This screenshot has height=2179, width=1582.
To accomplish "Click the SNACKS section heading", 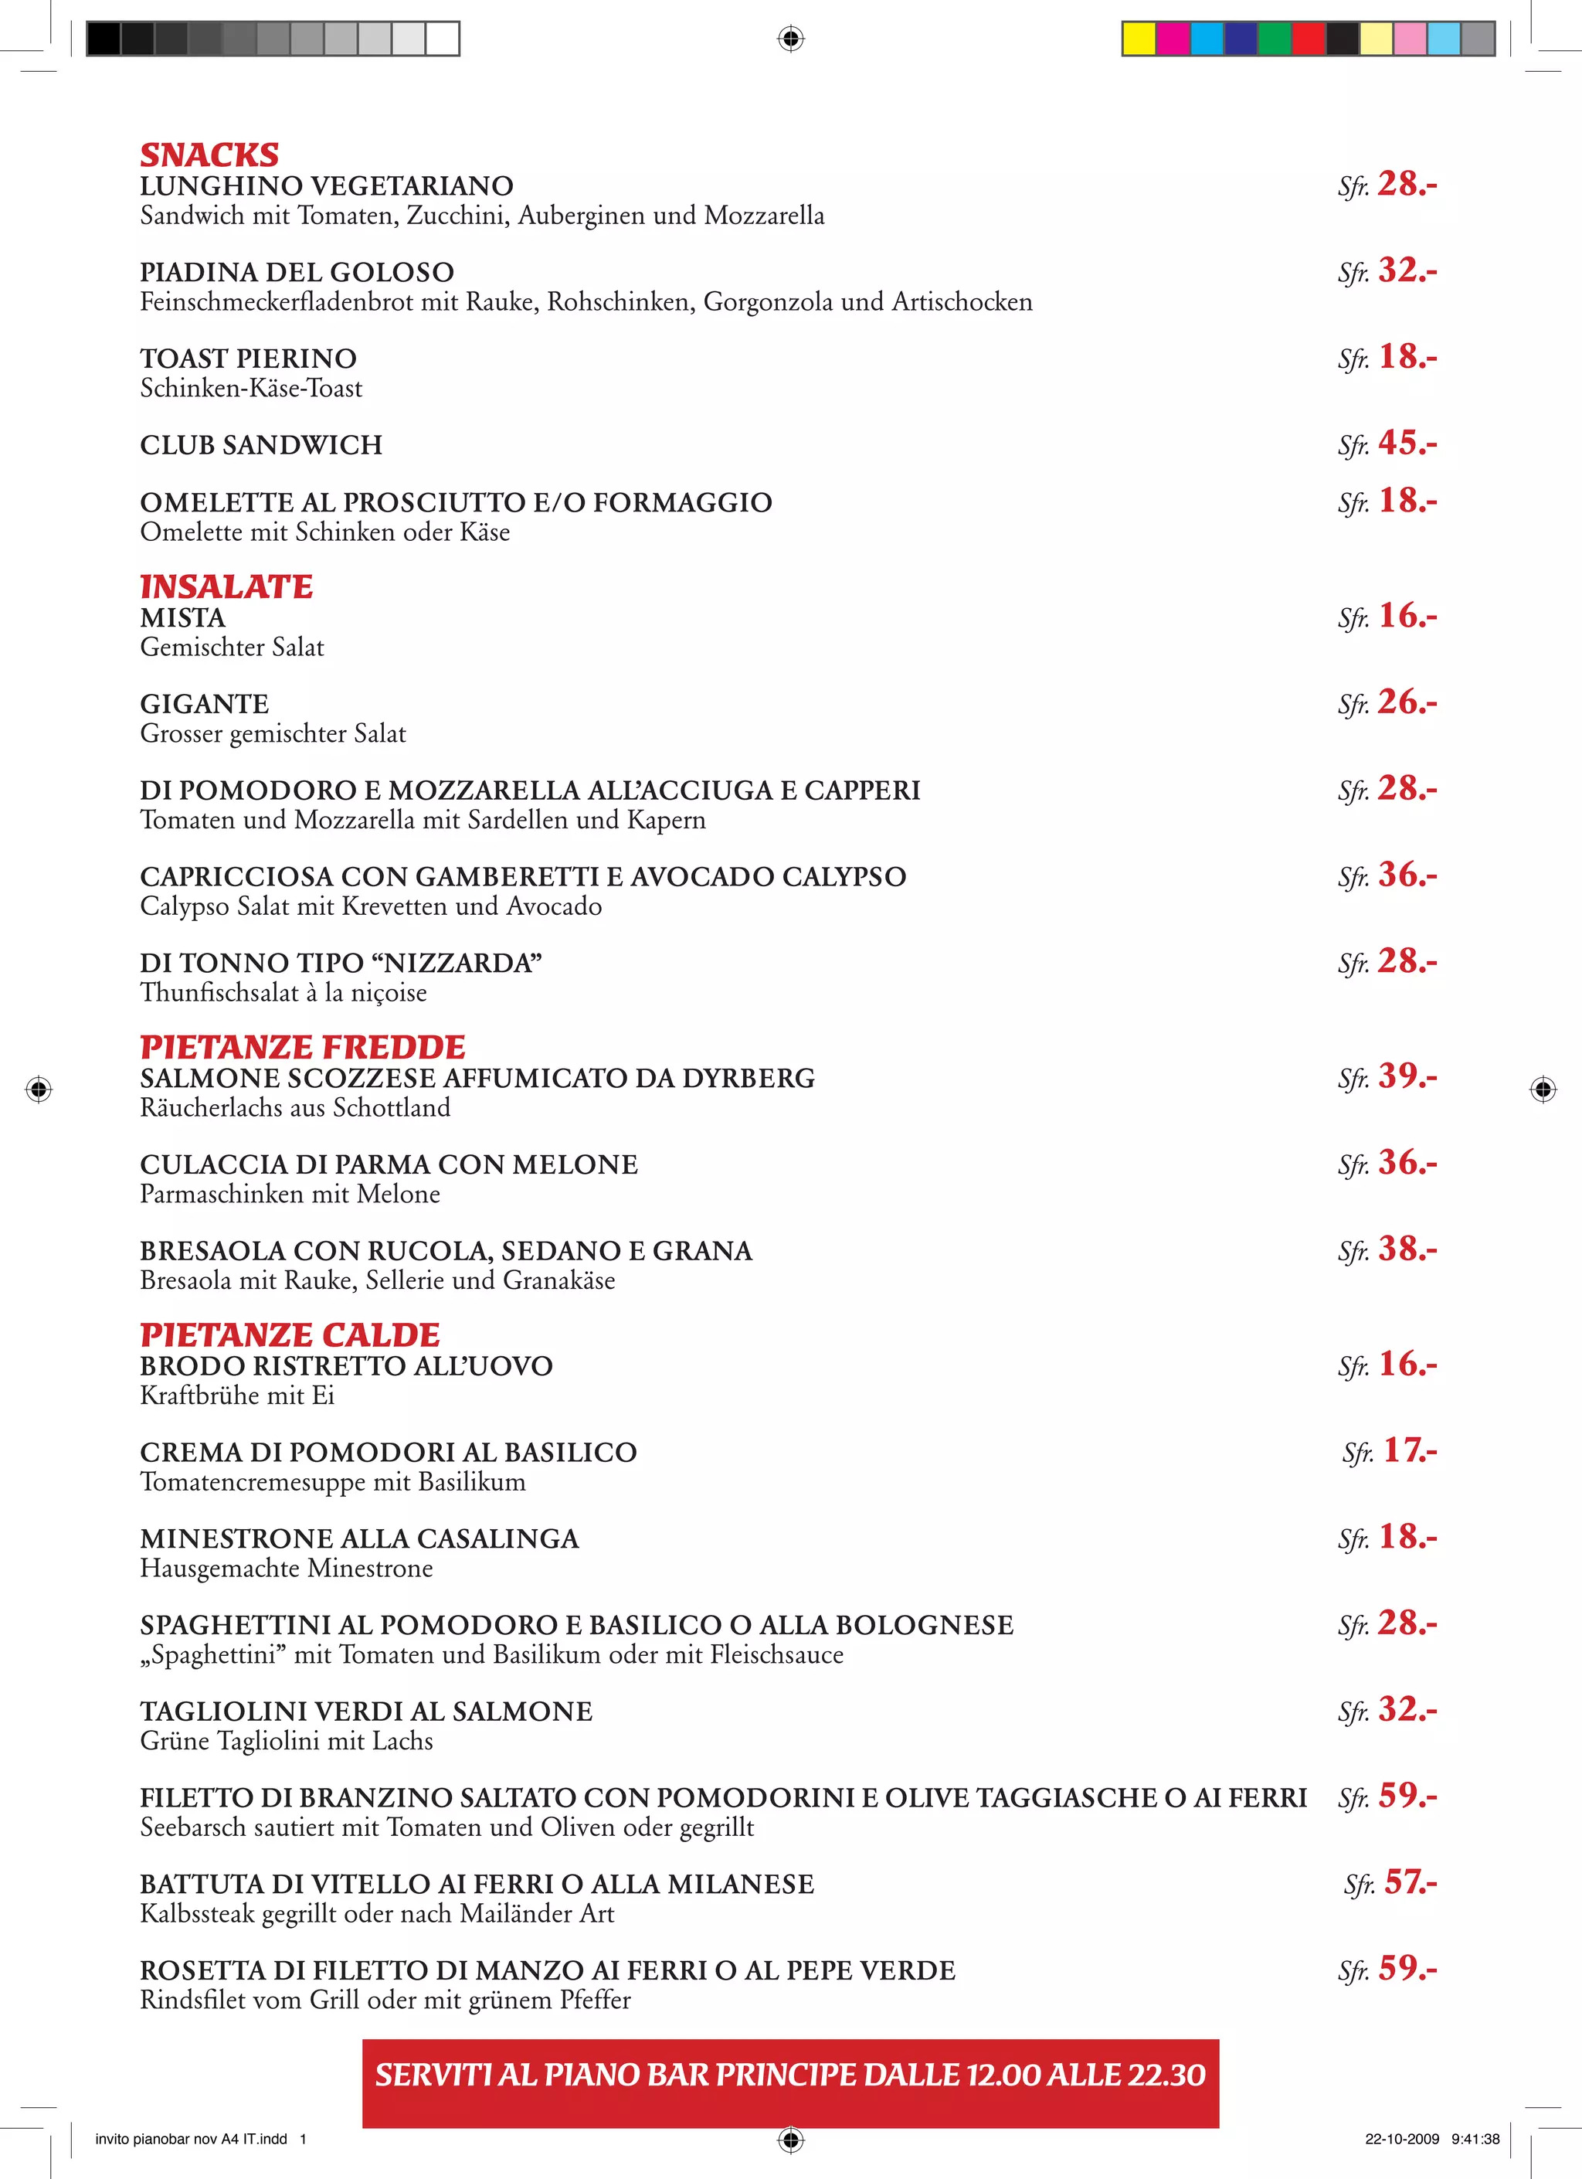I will [x=209, y=155].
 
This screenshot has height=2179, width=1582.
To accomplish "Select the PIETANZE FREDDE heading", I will [x=303, y=1046].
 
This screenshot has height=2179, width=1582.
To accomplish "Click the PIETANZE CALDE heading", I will [x=290, y=1334].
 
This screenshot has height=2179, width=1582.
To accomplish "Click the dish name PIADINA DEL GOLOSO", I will [x=297, y=273].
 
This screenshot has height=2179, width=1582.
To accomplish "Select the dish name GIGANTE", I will [x=205, y=704].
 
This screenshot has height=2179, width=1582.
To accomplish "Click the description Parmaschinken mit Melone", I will [x=290, y=1195].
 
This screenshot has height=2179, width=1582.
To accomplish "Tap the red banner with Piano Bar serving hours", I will [x=789, y=2075].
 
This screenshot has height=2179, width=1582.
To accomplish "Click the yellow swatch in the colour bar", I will [x=1139, y=39].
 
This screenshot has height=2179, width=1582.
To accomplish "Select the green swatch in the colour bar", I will [x=1274, y=39].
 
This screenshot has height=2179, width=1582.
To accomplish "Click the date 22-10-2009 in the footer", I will [x=1401, y=2139].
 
